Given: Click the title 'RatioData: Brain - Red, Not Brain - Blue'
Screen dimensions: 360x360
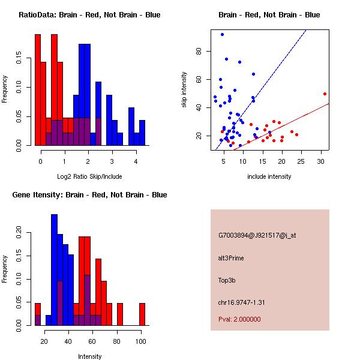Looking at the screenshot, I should click(89, 15).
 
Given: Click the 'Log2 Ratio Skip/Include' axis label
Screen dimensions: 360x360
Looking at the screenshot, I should click(89, 176).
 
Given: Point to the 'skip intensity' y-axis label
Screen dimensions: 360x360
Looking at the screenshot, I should click(185, 90).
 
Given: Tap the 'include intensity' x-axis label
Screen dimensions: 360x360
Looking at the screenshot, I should click(269, 176).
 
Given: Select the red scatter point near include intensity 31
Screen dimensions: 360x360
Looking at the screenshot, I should click(325, 94).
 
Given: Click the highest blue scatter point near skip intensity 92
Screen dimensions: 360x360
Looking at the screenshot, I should click(222, 34).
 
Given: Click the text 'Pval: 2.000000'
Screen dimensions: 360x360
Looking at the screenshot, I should click(240, 319).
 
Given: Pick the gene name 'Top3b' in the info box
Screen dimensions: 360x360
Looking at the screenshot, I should click(228, 280).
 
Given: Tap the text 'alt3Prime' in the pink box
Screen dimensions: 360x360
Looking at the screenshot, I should click(232, 258).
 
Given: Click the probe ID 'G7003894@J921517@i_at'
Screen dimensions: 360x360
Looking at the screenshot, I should click(257, 235).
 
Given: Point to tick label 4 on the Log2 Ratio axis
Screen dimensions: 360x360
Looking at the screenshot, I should click(136, 161).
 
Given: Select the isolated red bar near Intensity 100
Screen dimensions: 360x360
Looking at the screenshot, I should click(142, 314).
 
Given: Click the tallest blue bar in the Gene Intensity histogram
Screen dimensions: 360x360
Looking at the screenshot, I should click(54, 269).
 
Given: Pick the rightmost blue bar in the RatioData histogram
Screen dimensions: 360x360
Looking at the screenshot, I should click(142, 133).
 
